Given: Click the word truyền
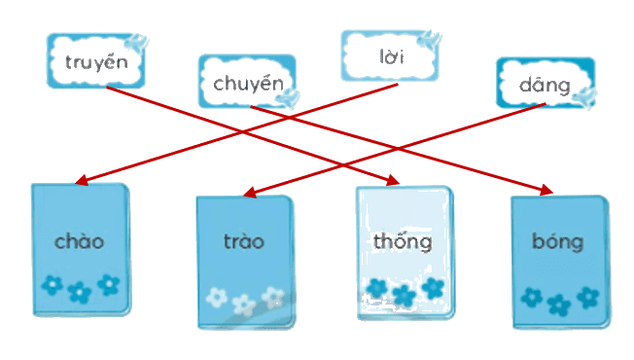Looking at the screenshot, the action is [96, 62].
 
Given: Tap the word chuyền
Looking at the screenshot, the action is [248, 84].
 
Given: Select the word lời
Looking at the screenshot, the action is [392, 56].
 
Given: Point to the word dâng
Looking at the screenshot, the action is [545, 86].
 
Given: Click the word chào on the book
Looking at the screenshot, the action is [80, 241].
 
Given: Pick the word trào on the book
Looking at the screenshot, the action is [244, 240].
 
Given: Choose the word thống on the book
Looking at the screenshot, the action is [403, 242].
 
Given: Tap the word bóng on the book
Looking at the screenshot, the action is [557, 242].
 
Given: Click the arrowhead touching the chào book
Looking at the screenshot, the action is [82, 180].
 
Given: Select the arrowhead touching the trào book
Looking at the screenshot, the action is [250, 193].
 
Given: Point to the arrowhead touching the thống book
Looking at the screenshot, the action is [393, 180].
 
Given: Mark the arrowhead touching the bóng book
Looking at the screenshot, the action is [546, 190].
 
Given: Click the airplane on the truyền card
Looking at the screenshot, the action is [136, 43].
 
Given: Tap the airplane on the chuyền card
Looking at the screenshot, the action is [289, 98].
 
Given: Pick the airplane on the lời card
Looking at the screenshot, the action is [430, 40].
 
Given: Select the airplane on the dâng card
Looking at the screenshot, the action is [585, 97].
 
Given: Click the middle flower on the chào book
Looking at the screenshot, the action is [80, 293].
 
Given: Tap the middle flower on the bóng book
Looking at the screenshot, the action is [558, 305].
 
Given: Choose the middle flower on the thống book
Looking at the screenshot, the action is [404, 296].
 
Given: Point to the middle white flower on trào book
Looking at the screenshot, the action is [243, 305].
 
